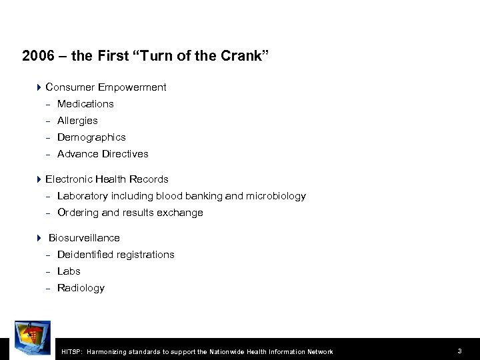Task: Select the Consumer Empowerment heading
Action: click(x=106, y=87)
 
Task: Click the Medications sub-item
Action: click(x=85, y=104)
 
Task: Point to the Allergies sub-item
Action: click(x=77, y=121)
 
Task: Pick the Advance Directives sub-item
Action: click(x=103, y=154)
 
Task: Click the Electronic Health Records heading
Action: click(x=107, y=179)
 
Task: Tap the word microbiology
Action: click(x=276, y=196)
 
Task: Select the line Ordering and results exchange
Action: click(x=130, y=213)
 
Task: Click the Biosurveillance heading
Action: click(x=84, y=238)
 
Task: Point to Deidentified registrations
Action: click(x=116, y=255)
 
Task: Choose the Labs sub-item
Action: click(x=69, y=271)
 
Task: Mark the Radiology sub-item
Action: click(x=81, y=288)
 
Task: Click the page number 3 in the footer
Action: click(x=460, y=351)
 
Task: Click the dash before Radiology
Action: click(x=48, y=288)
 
